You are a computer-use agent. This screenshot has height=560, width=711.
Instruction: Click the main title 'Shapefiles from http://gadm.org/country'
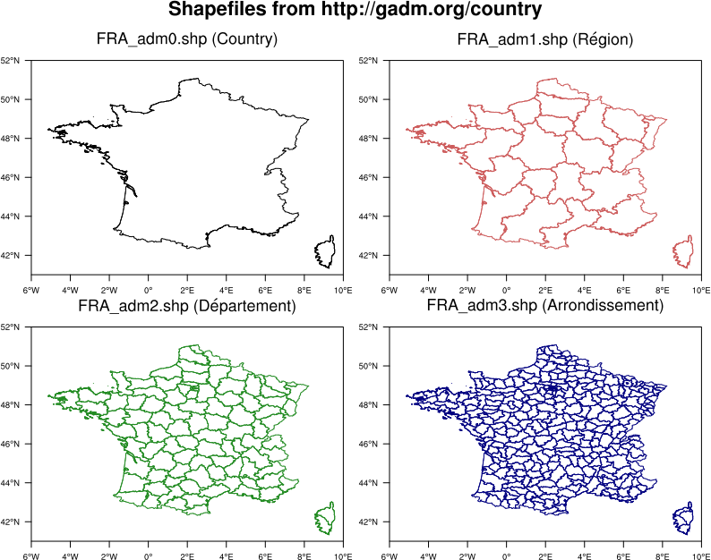(355, 11)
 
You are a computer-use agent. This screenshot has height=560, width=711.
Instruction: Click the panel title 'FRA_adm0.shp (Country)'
(186, 40)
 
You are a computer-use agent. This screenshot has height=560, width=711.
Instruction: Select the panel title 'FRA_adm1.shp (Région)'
(545, 40)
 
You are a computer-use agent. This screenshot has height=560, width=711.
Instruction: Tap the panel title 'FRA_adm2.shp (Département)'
(187, 307)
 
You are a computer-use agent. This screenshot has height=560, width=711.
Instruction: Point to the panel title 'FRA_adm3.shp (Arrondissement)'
(545, 307)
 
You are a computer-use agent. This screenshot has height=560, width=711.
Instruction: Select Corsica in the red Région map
(684, 252)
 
